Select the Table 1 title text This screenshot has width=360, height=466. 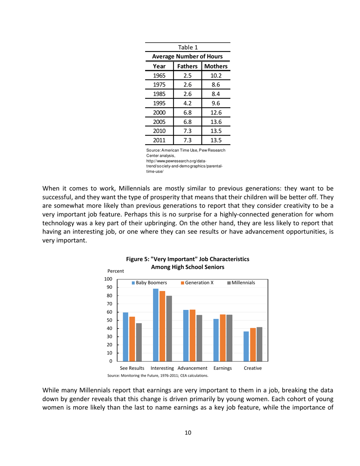tap(188, 47)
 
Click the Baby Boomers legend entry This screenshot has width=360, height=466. tap(149, 283)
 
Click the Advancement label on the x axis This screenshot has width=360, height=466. tap(192, 368)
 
